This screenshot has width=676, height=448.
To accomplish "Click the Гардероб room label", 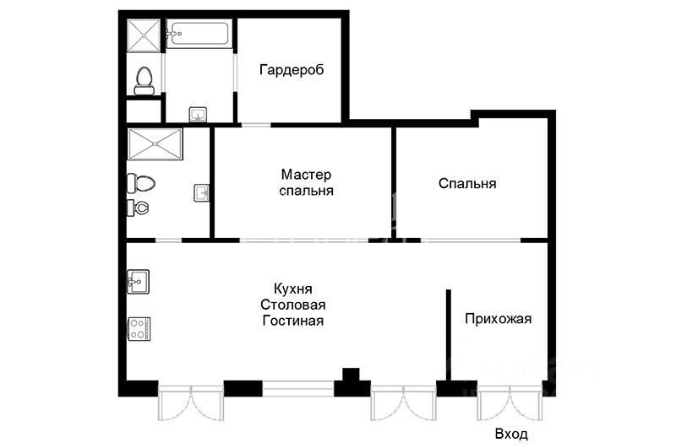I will tap(292, 69).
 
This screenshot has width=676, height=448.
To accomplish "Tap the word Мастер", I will tap(306, 175).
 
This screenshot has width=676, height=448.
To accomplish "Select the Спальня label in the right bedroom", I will tap(466, 183).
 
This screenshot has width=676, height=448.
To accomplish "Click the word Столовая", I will tap(293, 305).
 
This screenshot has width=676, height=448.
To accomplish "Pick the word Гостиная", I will tap(293, 321).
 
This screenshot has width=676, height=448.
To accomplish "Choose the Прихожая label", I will tap(498, 318).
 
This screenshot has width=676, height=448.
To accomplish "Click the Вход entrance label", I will tap(511, 435).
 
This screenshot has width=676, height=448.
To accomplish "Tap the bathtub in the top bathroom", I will tap(199, 35).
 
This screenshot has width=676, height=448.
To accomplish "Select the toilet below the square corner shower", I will tap(144, 79).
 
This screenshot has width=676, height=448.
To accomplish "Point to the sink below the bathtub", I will tap(198, 114).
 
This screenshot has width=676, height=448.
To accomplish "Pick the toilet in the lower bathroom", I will tap(140, 183).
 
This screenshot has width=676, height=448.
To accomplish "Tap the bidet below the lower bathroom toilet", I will tap(139, 207).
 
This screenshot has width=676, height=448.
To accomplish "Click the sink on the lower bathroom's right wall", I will tap(202, 193).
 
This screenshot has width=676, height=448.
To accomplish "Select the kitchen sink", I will tap(139, 280).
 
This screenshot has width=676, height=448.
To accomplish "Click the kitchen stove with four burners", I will tap(139, 328).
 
